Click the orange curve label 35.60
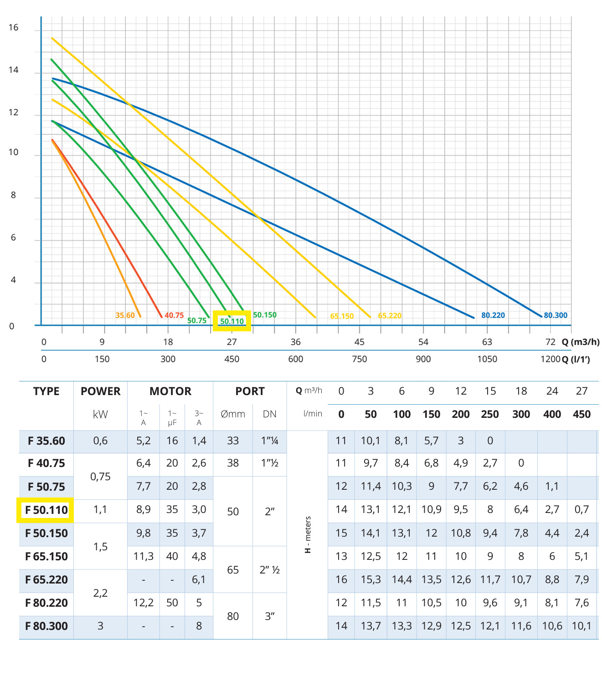[x=125, y=315]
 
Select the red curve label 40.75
[x=174, y=315]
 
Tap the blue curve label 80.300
[x=556, y=315]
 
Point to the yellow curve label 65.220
[x=390, y=316]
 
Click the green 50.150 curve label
[x=265, y=315]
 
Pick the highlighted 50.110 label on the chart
[x=232, y=321]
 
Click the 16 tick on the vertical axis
[x=13, y=28]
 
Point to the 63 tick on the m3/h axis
[x=487, y=342]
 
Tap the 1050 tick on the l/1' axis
[x=487, y=359]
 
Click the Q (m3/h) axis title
[x=581, y=342]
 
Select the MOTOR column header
[x=170, y=391]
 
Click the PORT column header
[x=250, y=391]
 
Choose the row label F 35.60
[x=46, y=441]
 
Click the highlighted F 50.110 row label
[x=46, y=510]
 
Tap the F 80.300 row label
[x=46, y=626]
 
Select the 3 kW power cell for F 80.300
[x=100, y=626]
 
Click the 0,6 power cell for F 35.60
[x=100, y=441]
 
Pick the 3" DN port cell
[x=269, y=616]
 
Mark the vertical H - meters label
[x=308, y=535]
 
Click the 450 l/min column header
[x=581, y=415]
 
